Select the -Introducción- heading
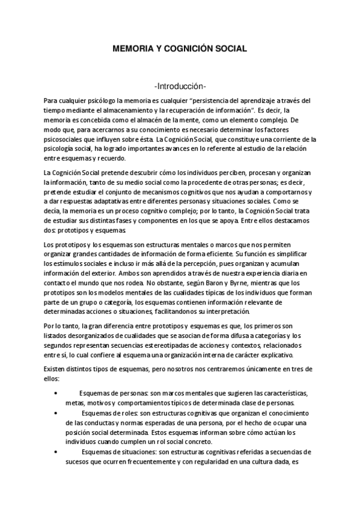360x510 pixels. click(x=180, y=85)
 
